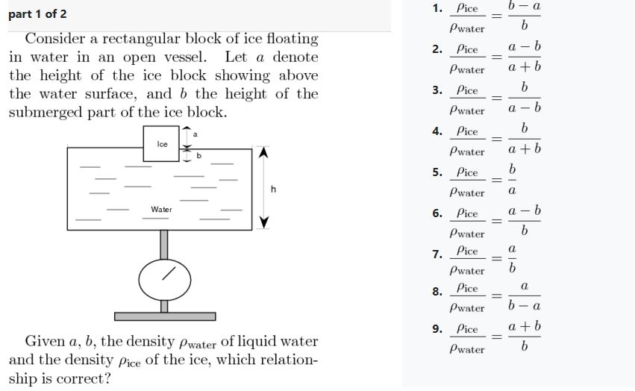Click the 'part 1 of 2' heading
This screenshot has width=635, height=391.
(x=37, y=15)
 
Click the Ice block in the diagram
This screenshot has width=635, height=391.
(x=162, y=143)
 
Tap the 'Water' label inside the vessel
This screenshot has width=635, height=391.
(x=161, y=210)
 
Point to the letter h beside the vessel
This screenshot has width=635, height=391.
(x=274, y=190)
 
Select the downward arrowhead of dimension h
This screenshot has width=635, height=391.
(x=263, y=222)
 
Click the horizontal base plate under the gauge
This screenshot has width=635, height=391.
(x=164, y=316)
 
